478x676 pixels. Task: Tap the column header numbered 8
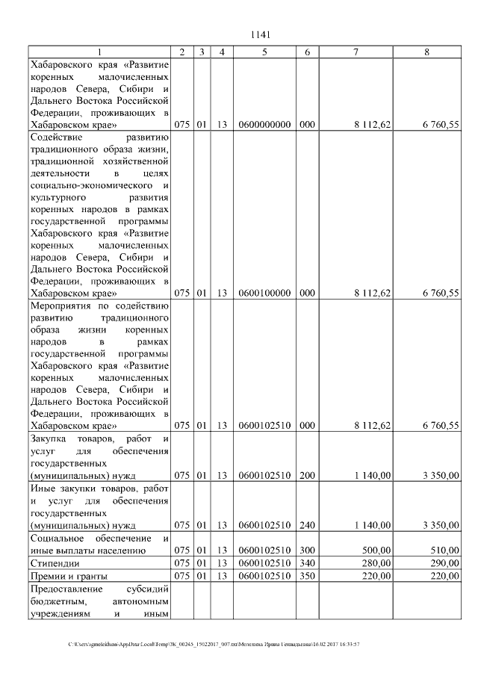pyautogui.click(x=426, y=52)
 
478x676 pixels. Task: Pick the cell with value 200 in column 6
pyautogui.click(x=306, y=474)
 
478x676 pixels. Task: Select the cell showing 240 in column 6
pyautogui.click(x=306, y=525)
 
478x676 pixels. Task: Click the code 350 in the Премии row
pyautogui.click(x=306, y=576)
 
